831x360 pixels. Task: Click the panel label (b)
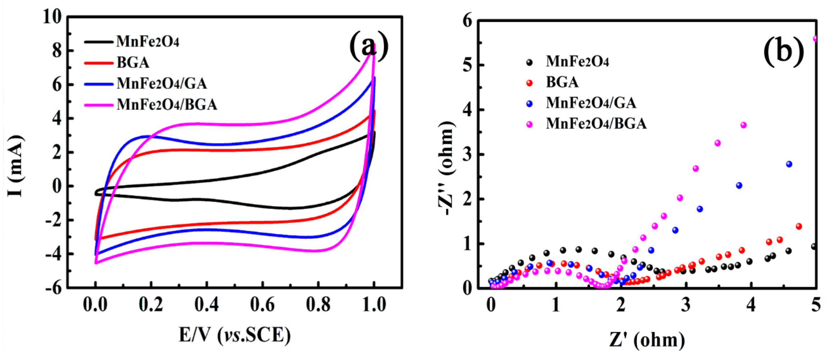click(x=784, y=51)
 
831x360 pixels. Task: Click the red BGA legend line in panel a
click(x=98, y=63)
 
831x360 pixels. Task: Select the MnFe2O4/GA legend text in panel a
click(x=162, y=84)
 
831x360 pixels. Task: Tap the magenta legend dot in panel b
click(x=529, y=124)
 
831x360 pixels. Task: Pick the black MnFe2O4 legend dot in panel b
click(x=529, y=62)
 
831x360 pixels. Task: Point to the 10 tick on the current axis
click(x=52, y=17)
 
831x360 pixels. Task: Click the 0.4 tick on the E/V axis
click(x=207, y=305)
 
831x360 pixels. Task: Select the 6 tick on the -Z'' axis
click(x=467, y=21)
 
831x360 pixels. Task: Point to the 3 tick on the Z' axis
click(x=686, y=305)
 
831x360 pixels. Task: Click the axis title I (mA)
click(x=15, y=166)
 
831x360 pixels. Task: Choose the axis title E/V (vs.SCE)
click(x=235, y=335)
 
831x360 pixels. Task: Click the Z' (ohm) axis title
click(x=647, y=340)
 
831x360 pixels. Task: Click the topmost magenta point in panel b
click(x=815, y=38)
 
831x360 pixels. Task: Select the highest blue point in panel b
click(x=789, y=164)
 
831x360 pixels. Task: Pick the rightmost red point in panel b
click(x=799, y=226)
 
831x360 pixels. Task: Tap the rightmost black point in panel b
click(x=814, y=246)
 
